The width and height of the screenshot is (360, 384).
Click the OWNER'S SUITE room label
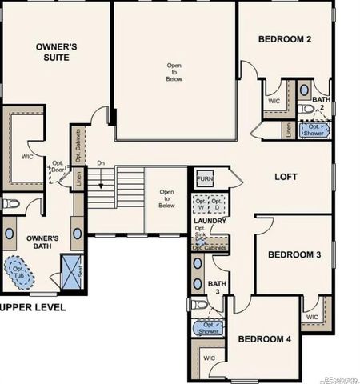point(56,52)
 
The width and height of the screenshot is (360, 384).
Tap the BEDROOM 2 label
point(285,39)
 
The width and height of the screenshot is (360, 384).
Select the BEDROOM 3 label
point(294,254)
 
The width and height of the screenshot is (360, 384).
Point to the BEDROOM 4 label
point(266,338)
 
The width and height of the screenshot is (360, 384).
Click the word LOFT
point(287,177)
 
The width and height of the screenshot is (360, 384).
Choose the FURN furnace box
point(205,178)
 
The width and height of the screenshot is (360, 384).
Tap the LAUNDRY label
point(210,220)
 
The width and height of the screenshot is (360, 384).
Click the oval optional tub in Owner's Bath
point(18,270)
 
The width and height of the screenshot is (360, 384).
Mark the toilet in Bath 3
point(198,305)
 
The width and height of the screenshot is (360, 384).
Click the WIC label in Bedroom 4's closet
point(210,358)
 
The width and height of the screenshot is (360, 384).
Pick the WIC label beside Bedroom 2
point(274,102)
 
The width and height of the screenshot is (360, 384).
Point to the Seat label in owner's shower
point(86,268)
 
